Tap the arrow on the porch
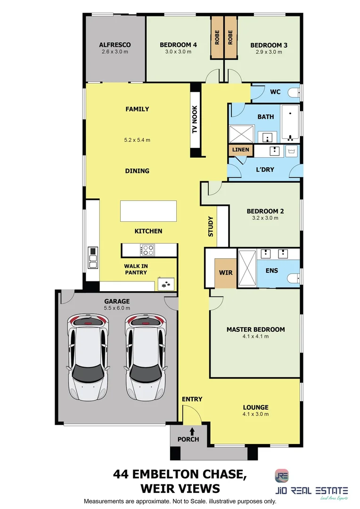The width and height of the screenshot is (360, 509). [x=192, y=430]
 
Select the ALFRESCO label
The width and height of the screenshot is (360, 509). [x=115, y=45]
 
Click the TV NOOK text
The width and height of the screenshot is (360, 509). [x=195, y=120]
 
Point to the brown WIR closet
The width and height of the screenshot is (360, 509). [x=225, y=273]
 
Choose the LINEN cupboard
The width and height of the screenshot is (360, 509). [x=240, y=150]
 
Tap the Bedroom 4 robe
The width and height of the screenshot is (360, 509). [x=217, y=38]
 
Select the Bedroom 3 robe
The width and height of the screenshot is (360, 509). [x=230, y=38]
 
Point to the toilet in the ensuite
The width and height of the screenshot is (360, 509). [x=294, y=278]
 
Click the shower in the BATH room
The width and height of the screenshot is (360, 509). [x=242, y=134]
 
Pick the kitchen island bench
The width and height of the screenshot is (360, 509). [x=148, y=211]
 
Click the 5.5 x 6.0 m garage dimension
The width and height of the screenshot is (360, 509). [x=117, y=308]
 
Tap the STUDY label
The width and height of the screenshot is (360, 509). [x=211, y=226]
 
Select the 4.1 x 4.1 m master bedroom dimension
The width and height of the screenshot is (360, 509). [x=255, y=337]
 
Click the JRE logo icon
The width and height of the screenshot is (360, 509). [x=282, y=476]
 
